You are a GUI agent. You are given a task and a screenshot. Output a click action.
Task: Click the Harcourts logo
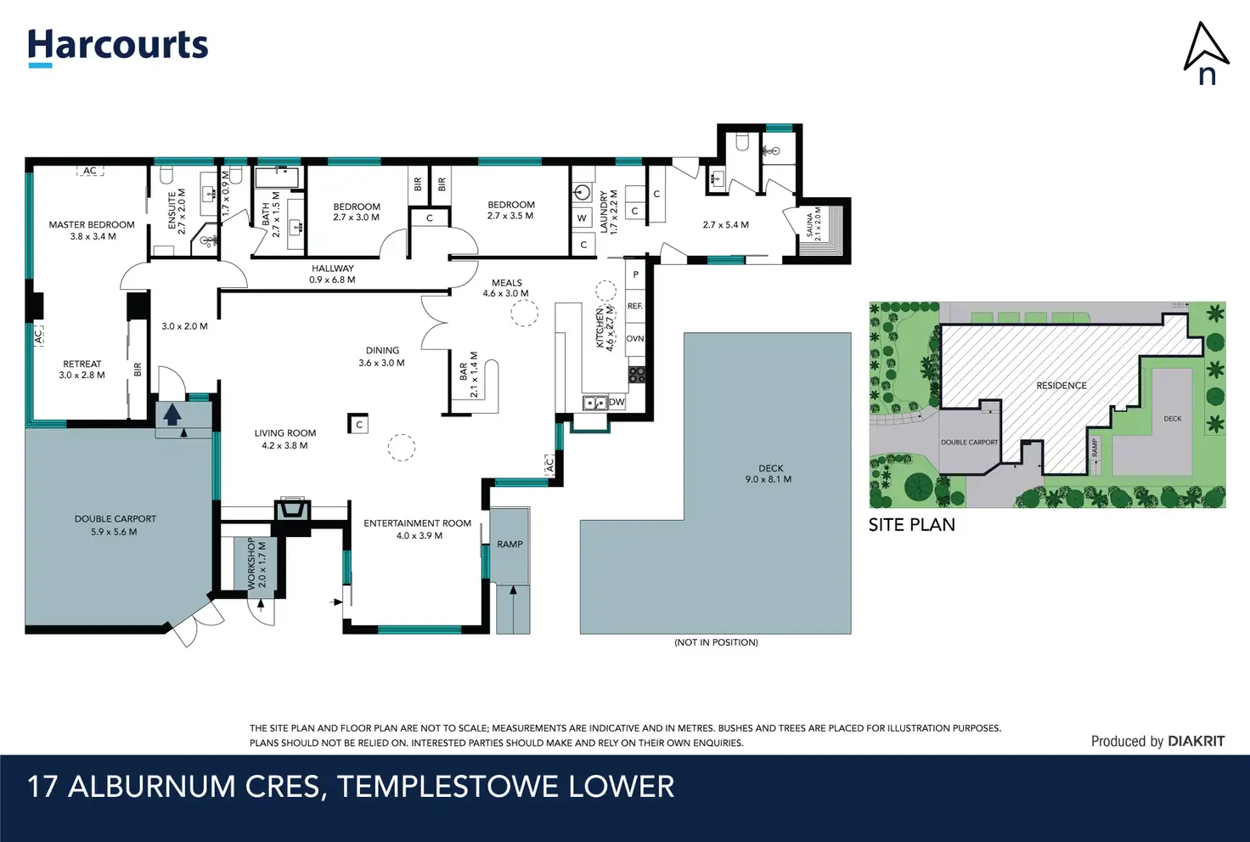118,48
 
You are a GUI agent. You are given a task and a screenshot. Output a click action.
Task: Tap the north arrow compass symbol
1206,54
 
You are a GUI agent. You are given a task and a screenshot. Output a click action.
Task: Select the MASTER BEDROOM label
92,225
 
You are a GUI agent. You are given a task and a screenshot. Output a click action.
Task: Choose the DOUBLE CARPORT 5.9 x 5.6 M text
115,525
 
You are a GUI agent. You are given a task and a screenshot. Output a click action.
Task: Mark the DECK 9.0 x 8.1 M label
769,473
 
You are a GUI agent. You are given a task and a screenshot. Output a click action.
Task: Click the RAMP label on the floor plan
510,544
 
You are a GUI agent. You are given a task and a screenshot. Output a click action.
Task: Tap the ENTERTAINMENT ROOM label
418,523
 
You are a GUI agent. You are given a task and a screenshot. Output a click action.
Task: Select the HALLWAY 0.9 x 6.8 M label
333,274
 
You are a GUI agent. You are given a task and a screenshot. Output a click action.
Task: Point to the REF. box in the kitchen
635,306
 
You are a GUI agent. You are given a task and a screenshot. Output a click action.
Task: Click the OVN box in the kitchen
635,339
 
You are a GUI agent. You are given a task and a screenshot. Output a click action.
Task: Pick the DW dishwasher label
616,402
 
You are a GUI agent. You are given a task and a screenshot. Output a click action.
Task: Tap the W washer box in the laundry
582,218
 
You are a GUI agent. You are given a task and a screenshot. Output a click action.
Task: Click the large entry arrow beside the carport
172,415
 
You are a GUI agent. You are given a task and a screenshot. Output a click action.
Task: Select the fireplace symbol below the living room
292,509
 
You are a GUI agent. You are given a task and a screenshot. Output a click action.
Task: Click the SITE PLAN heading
912,525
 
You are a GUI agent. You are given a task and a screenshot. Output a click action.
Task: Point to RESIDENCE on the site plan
1061,385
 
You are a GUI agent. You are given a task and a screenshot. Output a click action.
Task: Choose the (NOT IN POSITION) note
716,642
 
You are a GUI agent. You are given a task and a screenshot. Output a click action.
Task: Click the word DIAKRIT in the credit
1197,741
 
